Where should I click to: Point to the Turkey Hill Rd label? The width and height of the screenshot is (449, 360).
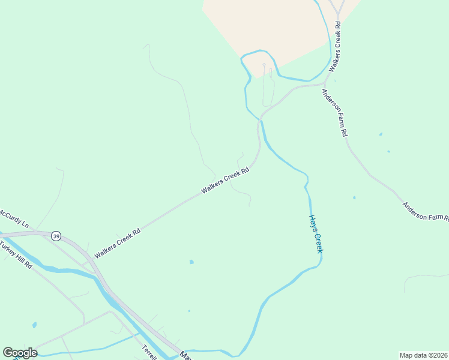click(x=16, y=255)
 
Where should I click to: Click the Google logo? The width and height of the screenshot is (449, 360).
click(x=20, y=353)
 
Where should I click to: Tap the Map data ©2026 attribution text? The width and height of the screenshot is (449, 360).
click(x=423, y=355)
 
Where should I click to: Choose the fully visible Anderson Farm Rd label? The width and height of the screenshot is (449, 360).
click(x=334, y=113)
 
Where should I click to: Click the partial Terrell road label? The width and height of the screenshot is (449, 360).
click(x=149, y=352)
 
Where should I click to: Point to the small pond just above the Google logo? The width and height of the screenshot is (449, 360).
click(x=34, y=325)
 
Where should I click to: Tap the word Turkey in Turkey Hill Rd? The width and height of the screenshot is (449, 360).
click(x=8, y=248)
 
